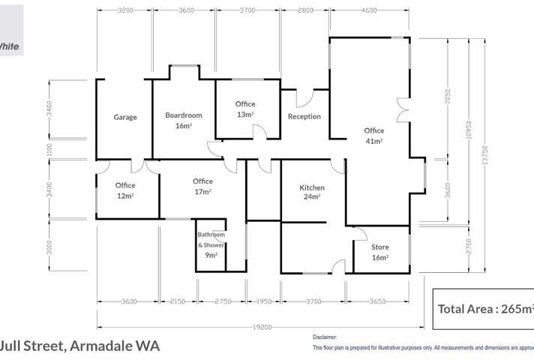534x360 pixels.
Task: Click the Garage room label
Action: point(125,117)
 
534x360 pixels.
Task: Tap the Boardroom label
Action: point(184,120)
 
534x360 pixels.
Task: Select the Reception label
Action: point(304,117)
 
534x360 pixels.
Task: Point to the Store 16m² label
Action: point(380,252)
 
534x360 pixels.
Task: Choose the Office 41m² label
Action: point(374,135)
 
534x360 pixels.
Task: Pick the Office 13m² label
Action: point(245,109)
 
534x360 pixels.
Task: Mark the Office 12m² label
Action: point(125,190)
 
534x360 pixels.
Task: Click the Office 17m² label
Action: point(202,186)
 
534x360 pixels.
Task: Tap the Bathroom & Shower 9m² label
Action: point(211,244)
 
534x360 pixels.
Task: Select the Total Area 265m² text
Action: point(485,308)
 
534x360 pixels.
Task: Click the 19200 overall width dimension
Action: point(260,327)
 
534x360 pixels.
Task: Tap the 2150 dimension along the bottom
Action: point(177,301)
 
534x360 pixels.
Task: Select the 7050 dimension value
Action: point(448,97)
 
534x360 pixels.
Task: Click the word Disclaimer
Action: point(325,337)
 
